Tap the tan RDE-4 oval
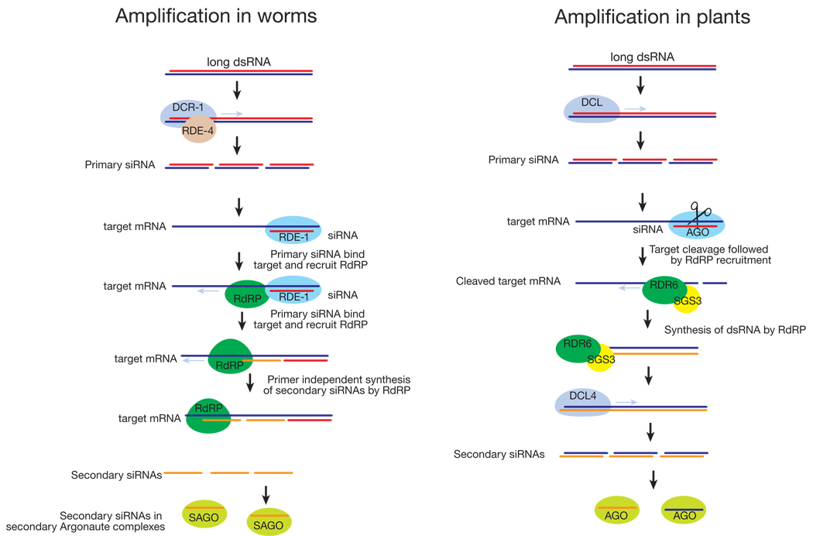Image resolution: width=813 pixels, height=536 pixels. (197, 132)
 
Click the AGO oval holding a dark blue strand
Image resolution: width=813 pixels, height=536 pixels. (684, 513)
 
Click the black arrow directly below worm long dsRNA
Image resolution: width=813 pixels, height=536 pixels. (238, 89)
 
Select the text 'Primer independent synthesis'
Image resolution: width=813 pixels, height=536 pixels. (338, 380)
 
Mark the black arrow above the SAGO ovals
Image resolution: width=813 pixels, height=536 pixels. (266, 493)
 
